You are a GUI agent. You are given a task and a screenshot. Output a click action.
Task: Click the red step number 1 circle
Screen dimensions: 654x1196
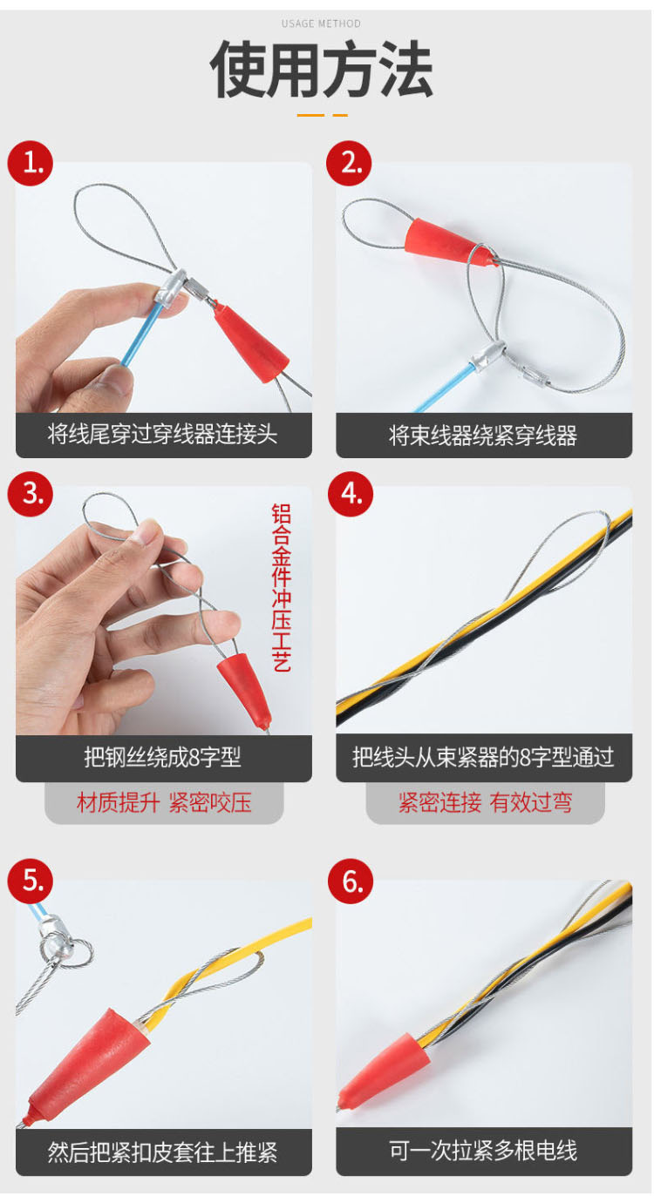31,164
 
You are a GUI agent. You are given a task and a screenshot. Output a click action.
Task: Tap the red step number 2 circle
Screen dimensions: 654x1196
350,164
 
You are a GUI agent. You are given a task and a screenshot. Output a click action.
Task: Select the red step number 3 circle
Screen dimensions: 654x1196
31,494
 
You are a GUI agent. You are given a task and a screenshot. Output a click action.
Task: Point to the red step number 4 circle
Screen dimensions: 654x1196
351,494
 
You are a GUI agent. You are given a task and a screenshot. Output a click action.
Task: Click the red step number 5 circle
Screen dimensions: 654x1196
31,881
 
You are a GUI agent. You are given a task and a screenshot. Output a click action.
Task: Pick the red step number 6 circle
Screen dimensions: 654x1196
351,881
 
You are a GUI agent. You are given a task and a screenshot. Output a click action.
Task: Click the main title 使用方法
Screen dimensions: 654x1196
321,70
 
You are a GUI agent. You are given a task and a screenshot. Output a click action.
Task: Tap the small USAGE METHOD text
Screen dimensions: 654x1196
321,24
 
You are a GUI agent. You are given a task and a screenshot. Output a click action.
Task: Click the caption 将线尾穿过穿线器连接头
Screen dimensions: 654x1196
162,434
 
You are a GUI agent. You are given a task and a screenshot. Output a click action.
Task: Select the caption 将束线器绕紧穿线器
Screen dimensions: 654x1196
483,436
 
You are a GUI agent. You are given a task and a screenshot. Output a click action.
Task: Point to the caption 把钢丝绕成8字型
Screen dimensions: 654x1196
162,757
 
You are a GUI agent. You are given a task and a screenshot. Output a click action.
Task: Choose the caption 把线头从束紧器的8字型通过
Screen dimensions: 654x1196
483,757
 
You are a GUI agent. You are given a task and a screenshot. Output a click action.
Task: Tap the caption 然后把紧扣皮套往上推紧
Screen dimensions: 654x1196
162,1152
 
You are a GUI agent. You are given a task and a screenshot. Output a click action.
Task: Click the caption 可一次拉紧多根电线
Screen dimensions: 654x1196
483,1151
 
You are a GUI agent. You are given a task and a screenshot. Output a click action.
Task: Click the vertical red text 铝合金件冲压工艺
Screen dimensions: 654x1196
282,587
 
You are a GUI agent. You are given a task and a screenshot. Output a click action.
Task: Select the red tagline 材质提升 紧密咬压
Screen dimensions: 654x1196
164,802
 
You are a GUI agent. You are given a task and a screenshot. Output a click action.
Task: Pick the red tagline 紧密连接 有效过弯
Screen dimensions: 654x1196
485,802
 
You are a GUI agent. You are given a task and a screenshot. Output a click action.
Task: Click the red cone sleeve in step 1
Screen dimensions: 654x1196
250,341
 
